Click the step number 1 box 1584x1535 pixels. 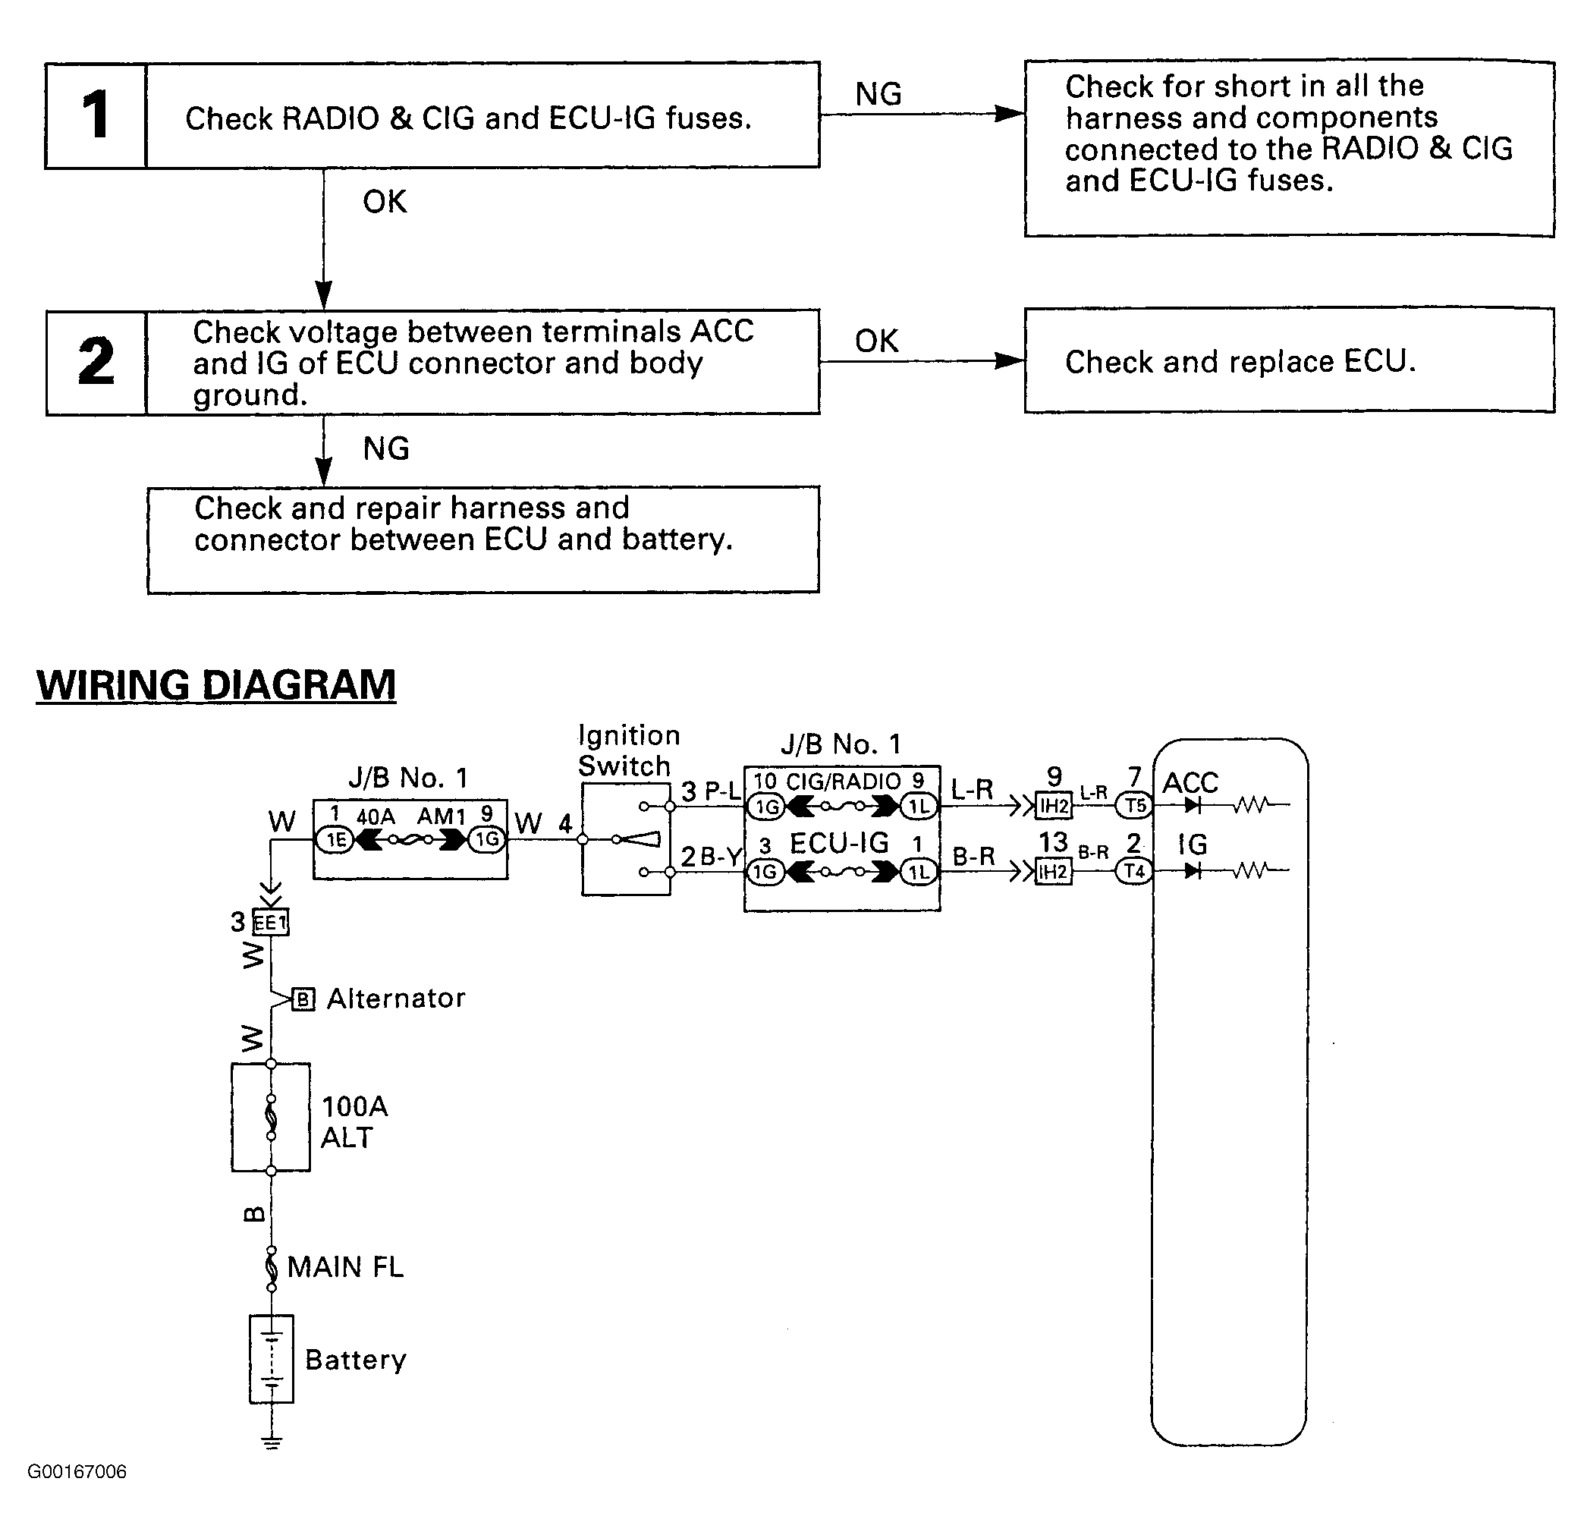[x=96, y=115]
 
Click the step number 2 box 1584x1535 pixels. [x=96, y=362]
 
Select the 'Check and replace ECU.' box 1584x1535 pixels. [x=1289, y=360]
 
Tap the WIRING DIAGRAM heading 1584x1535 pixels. [x=215, y=685]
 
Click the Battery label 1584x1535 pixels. [x=356, y=1360]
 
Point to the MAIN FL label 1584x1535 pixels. [x=345, y=1266]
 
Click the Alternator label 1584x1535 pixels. [x=396, y=999]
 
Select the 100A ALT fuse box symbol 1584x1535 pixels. [x=271, y=1117]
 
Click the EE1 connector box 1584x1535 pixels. [x=271, y=923]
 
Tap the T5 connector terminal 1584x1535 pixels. [x=1135, y=805]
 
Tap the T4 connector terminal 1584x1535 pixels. [x=1135, y=870]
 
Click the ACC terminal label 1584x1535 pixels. [x=1190, y=782]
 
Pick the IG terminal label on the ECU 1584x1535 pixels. [x=1192, y=845]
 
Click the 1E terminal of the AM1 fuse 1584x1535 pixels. [x=335, y=840]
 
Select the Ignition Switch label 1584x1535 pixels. [x=629, y=750]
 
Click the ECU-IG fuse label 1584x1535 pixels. [x=839, y=843]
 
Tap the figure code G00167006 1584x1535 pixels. [x=77, y=1471]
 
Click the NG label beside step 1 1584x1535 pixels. [x=878, y=94]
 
